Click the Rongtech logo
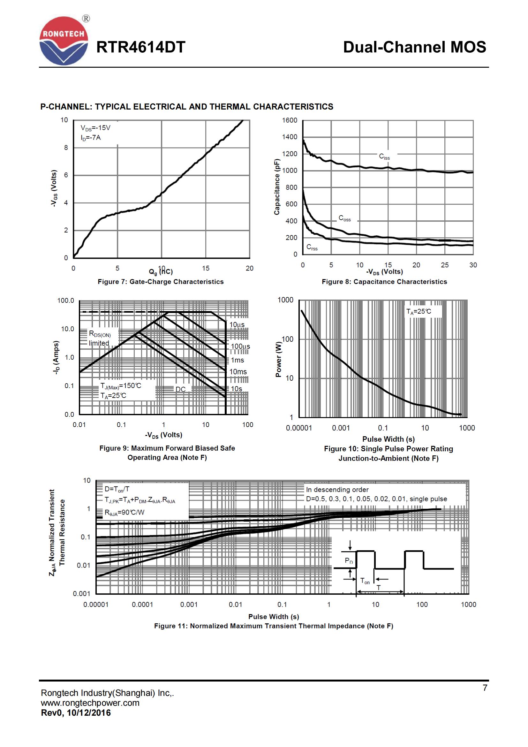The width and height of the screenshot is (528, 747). tap(64, 41)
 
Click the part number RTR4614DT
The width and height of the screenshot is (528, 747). tap(141, 47)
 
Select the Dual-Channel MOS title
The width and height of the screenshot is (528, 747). tap(415, 47)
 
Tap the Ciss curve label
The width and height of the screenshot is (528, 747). tap(384, 157)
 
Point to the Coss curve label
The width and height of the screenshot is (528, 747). tap(345, 218)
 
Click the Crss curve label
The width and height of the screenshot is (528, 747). tap(312, 248)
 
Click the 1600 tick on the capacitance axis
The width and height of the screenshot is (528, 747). tap(290, 120)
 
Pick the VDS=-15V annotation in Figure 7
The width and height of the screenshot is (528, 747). tap(95, 128)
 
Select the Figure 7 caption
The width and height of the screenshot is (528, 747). tap(161, 282)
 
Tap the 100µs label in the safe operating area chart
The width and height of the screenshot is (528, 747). tap(240, 347)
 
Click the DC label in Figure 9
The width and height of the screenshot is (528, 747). tap(180, 389)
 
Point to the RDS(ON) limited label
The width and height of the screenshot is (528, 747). tap(100, 338)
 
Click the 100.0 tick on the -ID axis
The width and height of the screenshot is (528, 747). tap(66, 301)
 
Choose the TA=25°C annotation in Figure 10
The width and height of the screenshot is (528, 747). tap(419, 311)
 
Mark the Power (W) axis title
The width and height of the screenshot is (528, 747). tap(278, 359)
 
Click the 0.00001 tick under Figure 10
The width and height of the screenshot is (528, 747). tap(299, 428)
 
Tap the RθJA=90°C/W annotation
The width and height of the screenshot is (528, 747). tap(124, 512)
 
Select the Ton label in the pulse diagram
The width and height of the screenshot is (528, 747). tap(365, 581)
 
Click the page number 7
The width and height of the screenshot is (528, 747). tap(485, 688)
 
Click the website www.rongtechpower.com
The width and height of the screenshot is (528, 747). tap(90, 703)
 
